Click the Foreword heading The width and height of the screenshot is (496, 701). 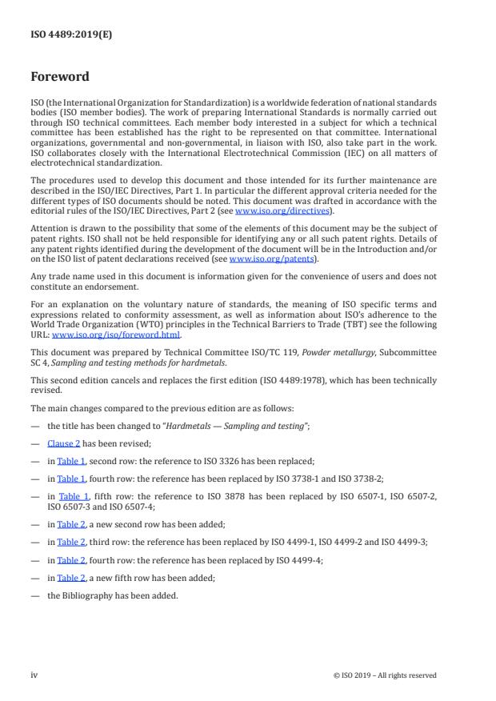click(x=60, y=77)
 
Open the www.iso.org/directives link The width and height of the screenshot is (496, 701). click(x=273, y=210)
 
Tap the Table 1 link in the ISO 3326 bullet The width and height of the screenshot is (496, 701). click(x=71, y=462)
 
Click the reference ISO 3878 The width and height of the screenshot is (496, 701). click(x=218, y=497)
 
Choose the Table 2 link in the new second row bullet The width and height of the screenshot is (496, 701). click(x=71, y=524)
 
